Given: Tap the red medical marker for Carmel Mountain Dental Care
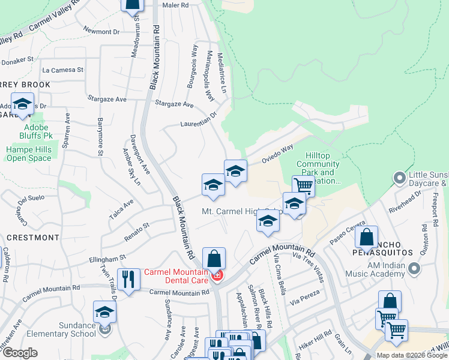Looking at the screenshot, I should tap(217, 275).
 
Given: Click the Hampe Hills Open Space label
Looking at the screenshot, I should tap(29, 154).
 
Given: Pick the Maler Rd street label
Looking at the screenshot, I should tap(175, 5).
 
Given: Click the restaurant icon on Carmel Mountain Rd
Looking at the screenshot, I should tap(127, 280).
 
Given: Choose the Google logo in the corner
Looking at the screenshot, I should tap(19, 353).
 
